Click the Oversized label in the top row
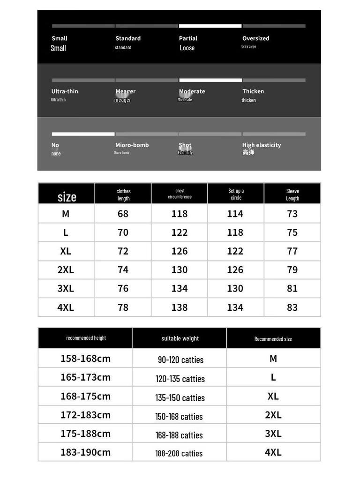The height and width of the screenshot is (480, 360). coord(255,38)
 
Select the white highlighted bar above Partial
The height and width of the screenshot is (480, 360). coord(210,26)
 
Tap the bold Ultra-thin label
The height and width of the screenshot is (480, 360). coord(65,91)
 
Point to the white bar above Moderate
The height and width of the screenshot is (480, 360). coord(210,80)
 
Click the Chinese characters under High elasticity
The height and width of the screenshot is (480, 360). coord(248,153)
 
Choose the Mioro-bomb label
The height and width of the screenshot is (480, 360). coord(132,145)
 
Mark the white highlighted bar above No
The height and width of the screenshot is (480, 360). coord(83,134)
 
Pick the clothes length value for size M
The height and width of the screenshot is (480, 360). coord(123,214)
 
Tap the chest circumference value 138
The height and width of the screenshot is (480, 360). coord(179,307)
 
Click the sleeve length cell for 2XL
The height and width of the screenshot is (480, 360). coord(292,270)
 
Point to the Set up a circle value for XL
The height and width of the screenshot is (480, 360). coord(235,251)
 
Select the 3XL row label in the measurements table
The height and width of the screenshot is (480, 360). coord(66,289)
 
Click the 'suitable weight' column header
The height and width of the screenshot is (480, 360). coord(180,338)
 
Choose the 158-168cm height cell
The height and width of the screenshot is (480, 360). coord(85,359)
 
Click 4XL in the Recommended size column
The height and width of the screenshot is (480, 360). coord(273,452)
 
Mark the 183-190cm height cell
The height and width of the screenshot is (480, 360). coord(85,452)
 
